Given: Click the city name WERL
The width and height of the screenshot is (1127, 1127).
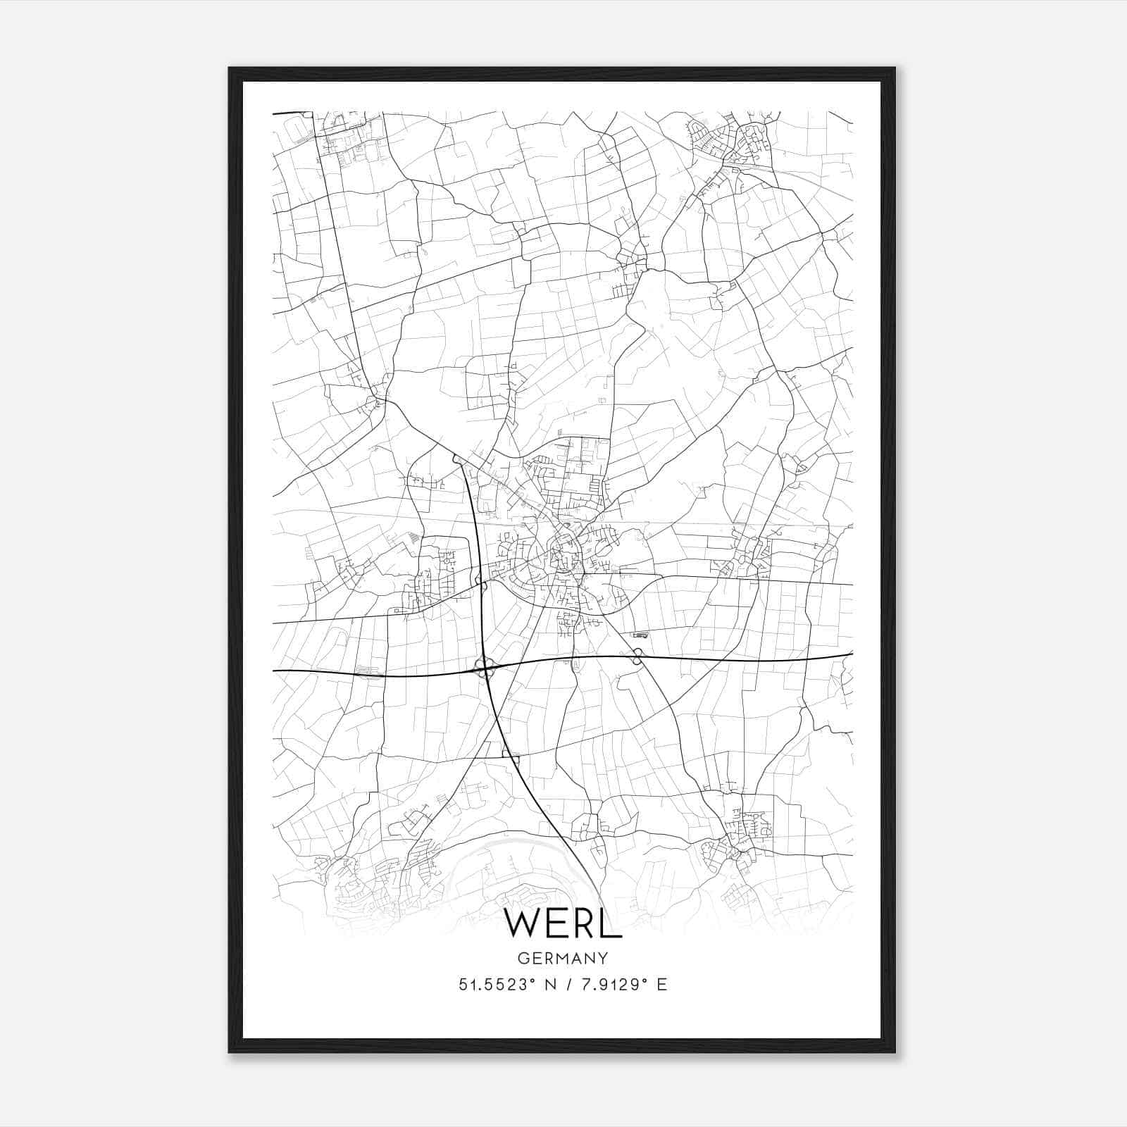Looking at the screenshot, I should click(563, 923).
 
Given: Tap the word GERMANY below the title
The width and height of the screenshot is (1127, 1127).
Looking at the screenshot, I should click(563, 958).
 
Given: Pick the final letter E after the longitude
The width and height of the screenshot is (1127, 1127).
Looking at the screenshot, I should click(661, 985).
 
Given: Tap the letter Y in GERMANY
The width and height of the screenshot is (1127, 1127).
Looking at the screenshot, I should click(603, 958).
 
